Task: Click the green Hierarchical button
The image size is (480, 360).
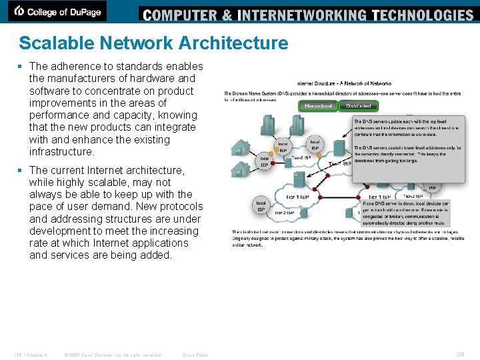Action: pos(318,105)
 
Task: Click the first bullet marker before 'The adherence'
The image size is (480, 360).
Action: pos(23,67)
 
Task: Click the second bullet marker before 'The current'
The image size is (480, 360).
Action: pos(23,171)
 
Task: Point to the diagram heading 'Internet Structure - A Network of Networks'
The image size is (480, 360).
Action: pos(344,83)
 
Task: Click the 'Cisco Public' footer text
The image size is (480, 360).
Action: pos(195,355)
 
